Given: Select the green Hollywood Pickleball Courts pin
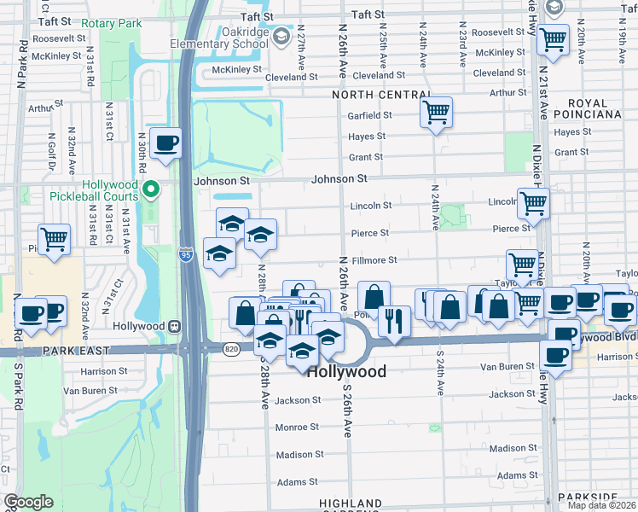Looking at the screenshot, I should pos(151,189).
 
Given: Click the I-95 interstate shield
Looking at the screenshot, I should pos(186,255).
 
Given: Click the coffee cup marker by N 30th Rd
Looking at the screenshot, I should pos(165,143).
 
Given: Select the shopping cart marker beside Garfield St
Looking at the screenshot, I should pos(436,112).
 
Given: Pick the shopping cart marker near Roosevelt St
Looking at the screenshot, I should pos(553,38).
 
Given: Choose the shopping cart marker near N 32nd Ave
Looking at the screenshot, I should pos(54,239).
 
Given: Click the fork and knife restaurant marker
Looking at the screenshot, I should pos(394,321).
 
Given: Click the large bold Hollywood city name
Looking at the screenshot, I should pos(346,371).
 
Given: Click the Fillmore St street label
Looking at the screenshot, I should pos(374,260).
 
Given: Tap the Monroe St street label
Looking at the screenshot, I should pos(297,427).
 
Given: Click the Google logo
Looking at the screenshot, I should pos(28,502).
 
